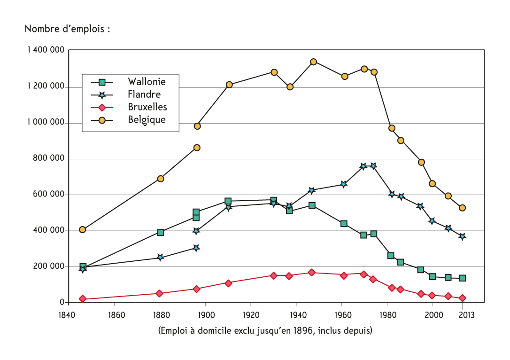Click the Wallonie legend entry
(x=147, y=81)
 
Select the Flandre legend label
(x=144, y=94)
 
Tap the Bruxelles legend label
(x=147, y=107)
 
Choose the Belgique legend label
(x=147, y=120)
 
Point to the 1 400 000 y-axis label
(x=46, y=50)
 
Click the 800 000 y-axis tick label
(x=48, y=158)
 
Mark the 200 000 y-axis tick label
(x=48, y=266)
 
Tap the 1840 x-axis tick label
(x=67, y=315)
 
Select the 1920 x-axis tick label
(x=251, y=315)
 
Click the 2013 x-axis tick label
(x=466, y=315)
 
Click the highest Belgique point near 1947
(x=313, y=62)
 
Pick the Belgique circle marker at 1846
(x=82, y=229)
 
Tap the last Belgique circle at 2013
(x=462, y=208)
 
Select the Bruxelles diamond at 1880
(x=159, y=293)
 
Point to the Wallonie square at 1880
(x=160, y=233)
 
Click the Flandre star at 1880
(x=160, y=257)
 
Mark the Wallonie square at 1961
(x=344, y=224)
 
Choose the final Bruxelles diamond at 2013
(x=462, y=298)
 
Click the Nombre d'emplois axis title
(x=67, y=29)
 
